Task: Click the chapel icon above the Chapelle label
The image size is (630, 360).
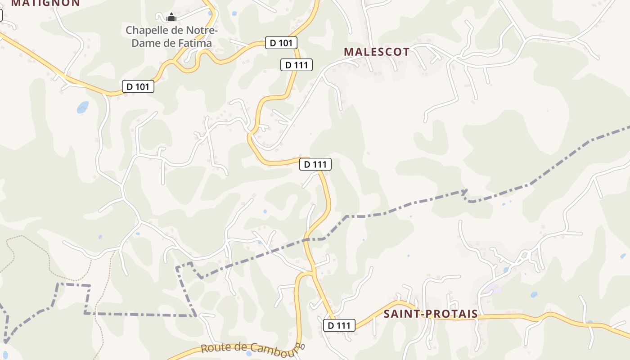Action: click(171, 18)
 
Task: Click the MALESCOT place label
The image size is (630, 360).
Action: click(377, 52)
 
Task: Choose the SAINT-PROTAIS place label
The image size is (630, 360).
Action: click(430, 314)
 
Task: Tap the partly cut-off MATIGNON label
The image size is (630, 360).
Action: click(45, 3)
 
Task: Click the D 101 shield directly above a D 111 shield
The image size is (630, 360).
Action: click(281, 43)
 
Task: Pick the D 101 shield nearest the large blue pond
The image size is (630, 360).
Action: click(138, 86)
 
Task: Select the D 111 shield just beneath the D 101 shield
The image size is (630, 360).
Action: click(296, 65)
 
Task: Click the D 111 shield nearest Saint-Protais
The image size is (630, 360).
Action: click(339, 325)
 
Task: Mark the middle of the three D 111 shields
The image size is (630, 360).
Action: click(315, 165)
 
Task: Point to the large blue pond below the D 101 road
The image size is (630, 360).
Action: click(83, 107)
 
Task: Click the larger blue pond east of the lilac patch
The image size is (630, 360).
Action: click(534, 295)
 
